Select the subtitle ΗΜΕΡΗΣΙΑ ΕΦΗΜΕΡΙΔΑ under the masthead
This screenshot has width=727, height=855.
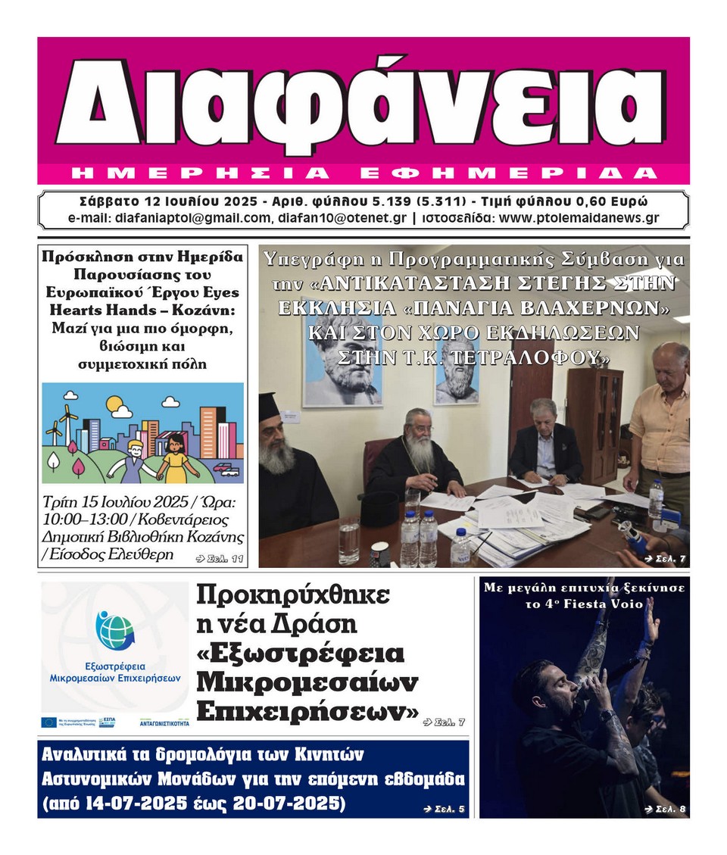point(363,173)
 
